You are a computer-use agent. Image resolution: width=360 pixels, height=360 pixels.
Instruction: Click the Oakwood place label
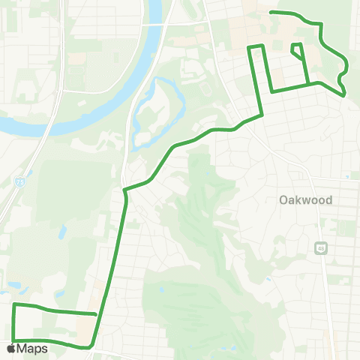click(305, 200)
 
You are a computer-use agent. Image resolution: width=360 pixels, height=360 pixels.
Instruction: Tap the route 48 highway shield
click(321, 247)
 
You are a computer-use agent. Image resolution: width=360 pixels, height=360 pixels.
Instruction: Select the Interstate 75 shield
click(16, 181)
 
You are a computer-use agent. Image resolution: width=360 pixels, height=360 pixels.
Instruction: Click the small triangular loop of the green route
click(298, 50)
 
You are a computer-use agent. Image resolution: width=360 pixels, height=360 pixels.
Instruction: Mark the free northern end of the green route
click(271, 12)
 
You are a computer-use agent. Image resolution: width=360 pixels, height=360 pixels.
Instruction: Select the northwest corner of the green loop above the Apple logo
click(14, 304)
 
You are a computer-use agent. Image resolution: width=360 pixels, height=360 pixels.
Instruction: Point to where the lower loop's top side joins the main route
click(97, 313)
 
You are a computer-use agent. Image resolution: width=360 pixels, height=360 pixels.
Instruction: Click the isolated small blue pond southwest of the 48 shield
click(268, 280)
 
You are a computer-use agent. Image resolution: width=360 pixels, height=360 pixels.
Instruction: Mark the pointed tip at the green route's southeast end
click(343, 94)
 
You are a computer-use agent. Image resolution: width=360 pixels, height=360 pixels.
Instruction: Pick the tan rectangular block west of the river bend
click(76, 58)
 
